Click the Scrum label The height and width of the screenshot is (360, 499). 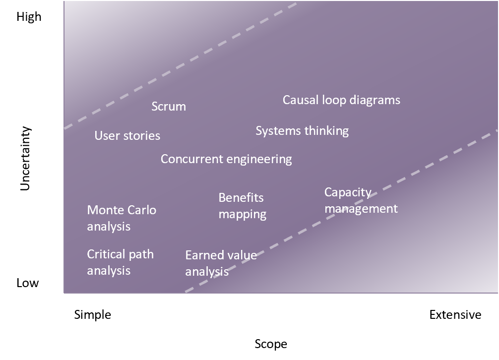point(169,106)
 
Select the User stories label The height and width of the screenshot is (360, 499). point(127,135)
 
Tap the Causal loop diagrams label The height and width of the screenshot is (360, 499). point(341,100)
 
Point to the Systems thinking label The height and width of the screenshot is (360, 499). point(302,131)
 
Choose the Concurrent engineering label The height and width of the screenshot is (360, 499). point(226,159)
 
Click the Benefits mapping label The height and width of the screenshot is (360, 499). point(243,206)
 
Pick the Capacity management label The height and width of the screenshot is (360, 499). point(361,200)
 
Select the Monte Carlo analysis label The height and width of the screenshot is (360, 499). point(122,218)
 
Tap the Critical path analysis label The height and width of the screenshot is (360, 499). point(121,262)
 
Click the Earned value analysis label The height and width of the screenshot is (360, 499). point(221,263)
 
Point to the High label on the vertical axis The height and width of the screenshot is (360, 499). point(29,16)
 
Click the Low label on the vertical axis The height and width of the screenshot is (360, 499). point(28,283)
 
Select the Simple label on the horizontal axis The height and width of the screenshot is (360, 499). point(93,314)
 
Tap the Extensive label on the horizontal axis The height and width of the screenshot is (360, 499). point(455,314)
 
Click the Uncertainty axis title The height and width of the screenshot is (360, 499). point(25,158)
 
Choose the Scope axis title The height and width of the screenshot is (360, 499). point(271,344)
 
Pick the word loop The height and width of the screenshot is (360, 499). point(334,100)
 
